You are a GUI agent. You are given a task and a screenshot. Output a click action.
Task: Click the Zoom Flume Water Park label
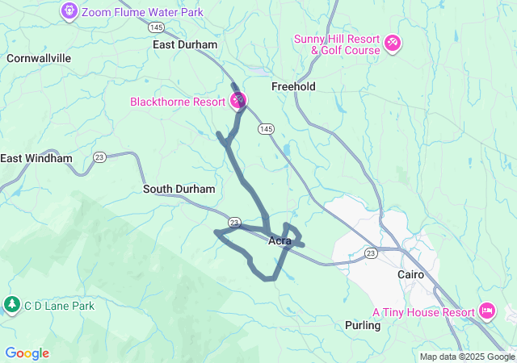pos(143,12)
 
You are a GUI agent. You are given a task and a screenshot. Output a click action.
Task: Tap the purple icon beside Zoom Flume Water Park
pos(69,12)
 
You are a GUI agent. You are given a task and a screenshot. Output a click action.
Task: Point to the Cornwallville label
pos(39,58)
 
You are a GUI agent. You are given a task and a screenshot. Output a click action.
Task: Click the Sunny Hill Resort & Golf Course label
pos(337,44)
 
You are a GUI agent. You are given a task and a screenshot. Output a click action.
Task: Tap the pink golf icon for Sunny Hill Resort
pos(393,42)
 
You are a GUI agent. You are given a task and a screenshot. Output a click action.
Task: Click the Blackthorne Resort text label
pos(178,102)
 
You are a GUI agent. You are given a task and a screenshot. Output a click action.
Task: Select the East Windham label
pos(36,158)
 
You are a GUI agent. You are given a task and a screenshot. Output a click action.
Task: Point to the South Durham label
pos(179,189)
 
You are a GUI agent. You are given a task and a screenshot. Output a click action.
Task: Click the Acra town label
pos(280,240)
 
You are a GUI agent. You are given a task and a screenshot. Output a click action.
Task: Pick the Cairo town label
pos(410,274)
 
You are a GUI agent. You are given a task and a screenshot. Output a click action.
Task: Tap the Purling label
pos(362,325)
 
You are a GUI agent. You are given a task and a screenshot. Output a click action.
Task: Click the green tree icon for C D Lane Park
pos(12,305)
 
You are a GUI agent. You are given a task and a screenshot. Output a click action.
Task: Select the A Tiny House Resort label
pos(423,311)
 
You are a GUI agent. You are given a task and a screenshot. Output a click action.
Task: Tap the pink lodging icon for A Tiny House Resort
pos(486,311)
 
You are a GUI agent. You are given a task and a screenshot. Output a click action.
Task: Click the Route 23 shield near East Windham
pos(99,156)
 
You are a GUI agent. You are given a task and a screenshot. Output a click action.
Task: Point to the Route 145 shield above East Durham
pos(157,27)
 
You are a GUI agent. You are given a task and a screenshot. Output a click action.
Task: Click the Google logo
pos(27,353)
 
